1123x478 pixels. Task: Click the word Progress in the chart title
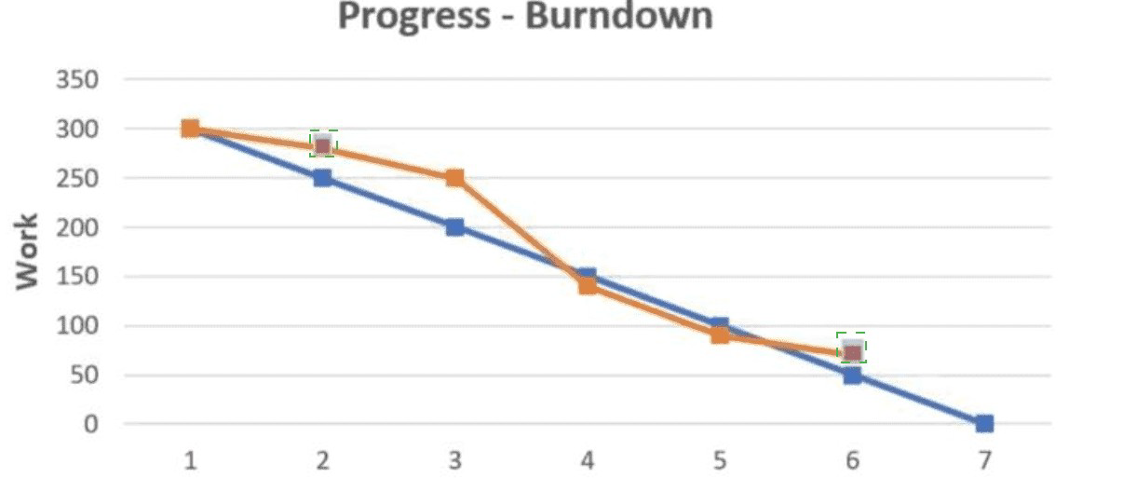[x=413, y=18]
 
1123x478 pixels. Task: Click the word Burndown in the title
[x=618, y=16]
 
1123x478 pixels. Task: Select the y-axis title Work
[x=27, y=252]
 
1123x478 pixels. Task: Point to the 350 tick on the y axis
[x=77, y=80]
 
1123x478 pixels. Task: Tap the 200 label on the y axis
[x=77, y=228]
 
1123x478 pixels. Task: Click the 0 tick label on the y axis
[x=90, y=425]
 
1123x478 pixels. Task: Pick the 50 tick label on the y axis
[x=84, y=376]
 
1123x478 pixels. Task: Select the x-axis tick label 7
[x=984, y=460]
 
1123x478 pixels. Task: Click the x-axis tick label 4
[x=588, y=460]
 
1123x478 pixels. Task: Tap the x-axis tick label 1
[x=190, y=460]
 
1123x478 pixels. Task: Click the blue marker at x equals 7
[x=984, y=424]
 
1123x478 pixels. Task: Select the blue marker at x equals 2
[x=323, y=178]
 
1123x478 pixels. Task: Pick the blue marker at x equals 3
[x=454, y=227]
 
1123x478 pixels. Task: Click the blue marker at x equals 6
[x=852, y=376]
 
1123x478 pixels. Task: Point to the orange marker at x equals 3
[x=454, y=178]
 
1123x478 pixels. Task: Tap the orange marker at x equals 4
[x=588, y=286]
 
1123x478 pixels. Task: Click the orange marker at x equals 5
[x=720, y=335]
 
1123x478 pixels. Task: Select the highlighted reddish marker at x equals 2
[x=323, y=146]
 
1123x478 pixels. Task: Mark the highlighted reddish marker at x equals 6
[x=852, y=352]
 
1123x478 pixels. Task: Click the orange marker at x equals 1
[x=190, y=129]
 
